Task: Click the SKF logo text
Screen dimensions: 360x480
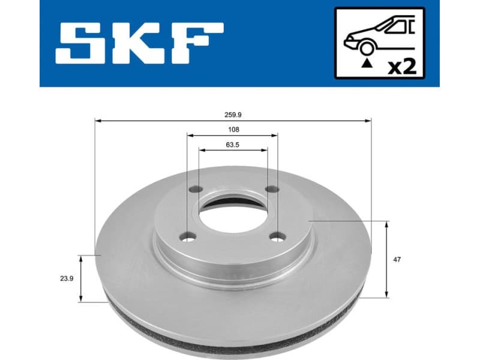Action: pos(140,43)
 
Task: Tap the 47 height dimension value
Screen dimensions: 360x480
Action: pos(397,259)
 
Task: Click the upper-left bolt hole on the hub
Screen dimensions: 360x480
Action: pos(194,190)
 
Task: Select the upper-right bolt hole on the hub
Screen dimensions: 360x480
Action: pos(271,190)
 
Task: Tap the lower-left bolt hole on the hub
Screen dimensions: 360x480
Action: pos(190,238)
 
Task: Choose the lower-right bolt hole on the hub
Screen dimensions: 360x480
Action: pos(277,238)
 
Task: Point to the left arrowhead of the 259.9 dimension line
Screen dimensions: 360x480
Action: pos(98,121)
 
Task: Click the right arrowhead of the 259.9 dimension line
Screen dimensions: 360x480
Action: pos(368,121)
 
